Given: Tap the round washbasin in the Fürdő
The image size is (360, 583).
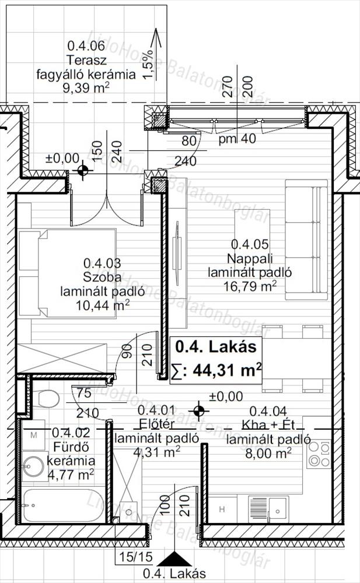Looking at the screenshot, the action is point(33,466).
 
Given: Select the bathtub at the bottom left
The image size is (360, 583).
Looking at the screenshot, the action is point(62,505).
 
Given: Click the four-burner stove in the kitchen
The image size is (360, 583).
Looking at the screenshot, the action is point(319,454).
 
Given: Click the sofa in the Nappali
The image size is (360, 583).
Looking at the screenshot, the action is point(306,240).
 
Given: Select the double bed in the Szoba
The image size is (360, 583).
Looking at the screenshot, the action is point(67,273).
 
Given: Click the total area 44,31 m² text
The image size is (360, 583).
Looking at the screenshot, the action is point(227,370).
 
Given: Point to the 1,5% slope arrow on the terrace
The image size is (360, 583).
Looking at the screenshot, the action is point(156,54).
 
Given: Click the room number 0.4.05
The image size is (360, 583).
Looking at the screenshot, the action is point(249,244).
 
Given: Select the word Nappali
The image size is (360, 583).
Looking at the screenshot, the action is point(250,258).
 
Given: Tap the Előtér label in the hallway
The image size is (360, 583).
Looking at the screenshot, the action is point(156,424).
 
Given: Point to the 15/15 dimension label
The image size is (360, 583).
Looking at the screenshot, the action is point(136,556).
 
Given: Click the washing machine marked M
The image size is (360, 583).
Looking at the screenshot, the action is point(33,435).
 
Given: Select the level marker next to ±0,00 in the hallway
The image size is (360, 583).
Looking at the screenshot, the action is point(198,411).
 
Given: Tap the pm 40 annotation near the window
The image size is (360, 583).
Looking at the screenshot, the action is point(237,139).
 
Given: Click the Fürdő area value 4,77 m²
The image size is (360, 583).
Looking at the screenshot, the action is point(71,475).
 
